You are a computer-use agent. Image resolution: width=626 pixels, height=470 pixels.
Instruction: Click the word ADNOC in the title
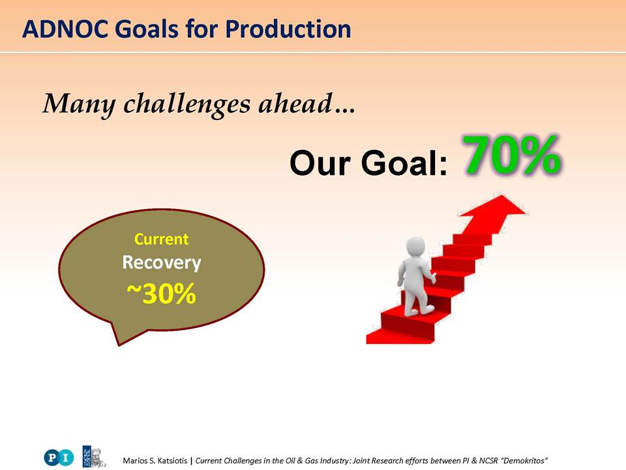[x=65, y=29]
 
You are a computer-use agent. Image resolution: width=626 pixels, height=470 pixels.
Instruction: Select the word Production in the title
[x=288, y=29]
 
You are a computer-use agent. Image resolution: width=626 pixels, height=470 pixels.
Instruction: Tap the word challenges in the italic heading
[x=186, y=104]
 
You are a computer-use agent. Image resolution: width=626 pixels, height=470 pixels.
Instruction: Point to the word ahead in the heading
[x=295, y=103]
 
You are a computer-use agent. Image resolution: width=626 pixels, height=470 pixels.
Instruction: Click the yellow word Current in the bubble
[x=161, y=239]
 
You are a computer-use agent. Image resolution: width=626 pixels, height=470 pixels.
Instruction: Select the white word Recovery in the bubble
[x=161, y=262]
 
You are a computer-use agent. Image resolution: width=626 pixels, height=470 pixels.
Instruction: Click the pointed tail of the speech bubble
[x=119, y=343]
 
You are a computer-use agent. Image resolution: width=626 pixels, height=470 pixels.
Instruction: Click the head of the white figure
[x=415, y=249]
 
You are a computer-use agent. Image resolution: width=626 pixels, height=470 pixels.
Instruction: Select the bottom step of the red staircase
[x=399, y=337]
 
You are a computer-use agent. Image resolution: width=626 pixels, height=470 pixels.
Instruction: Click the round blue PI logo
[x=59, y=457]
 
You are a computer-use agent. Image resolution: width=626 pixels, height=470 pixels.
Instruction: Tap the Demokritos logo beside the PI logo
[x=94, y=456]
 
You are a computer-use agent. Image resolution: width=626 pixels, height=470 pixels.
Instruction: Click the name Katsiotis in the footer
[x=172, y=460]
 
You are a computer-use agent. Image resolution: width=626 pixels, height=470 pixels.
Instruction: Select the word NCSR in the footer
[x=488, y=460]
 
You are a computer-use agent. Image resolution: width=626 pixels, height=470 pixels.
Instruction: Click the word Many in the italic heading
[x=79, y=104]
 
